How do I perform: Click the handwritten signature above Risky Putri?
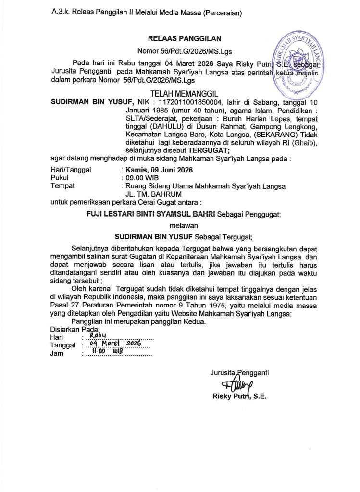coord(236,385)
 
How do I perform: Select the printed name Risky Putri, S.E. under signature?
coord(239,396)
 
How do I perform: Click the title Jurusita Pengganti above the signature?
coord(239,372)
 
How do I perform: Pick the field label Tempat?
coord(63,185)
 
